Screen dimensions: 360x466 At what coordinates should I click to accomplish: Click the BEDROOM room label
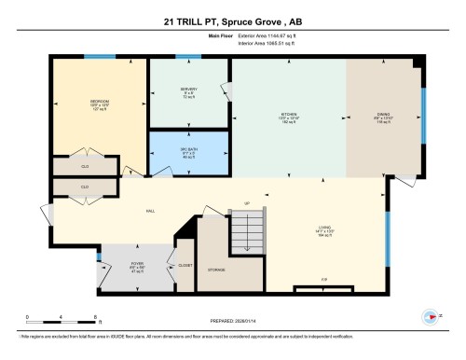[x=100, y=102]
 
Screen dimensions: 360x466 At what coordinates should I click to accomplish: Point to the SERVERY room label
[x=188, y=91]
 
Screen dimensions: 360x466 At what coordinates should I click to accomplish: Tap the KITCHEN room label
[x=288, y=116]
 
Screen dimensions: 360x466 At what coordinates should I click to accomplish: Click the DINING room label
[x=383, y=116]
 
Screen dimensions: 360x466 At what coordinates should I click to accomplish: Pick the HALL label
[x=150, y=212]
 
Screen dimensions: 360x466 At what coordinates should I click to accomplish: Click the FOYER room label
[x=137, y=264]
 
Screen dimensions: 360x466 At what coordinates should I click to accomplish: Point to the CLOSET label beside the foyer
[x=184, y=265]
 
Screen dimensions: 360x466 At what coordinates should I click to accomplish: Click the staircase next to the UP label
[x=249, y=225]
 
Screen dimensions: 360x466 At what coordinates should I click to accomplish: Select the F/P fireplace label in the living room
[x=323, y=280]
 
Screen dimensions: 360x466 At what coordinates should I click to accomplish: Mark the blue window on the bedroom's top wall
[x=94, y=57]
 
